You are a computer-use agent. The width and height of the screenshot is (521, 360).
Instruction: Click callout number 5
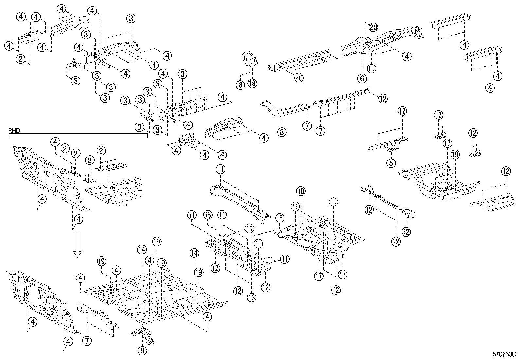[x=392, y=162]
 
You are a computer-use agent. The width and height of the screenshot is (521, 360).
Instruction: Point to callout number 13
[x=252, y=297]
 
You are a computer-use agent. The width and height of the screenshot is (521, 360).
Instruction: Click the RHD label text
[x=13, y=130]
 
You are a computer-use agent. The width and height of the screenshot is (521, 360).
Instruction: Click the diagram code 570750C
[x=504, y=354]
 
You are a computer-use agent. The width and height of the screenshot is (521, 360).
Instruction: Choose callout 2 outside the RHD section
[x=21, y=59]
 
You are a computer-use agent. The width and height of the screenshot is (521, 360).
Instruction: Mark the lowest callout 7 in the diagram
[x=86, y=341]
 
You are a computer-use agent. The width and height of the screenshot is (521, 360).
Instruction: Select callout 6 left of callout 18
[x=240, y=85]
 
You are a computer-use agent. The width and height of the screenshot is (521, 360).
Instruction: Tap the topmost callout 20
[x=373, y=28]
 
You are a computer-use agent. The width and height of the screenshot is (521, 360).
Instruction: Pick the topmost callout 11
[x=221, y=169]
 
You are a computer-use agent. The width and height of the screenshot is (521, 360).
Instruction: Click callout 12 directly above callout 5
[x=402, y=111]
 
